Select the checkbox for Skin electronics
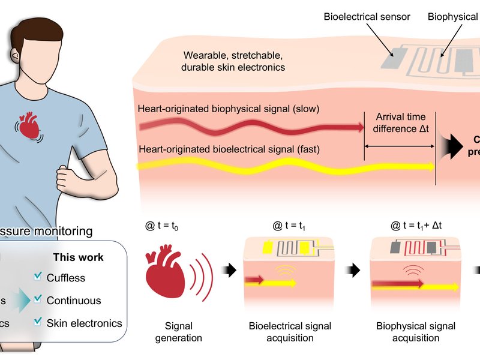pyautogui.click(x=37, y=323)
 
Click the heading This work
pyautogui.click(x=78, y=257)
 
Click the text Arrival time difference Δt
pyautogui.click(x=400, y=124)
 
